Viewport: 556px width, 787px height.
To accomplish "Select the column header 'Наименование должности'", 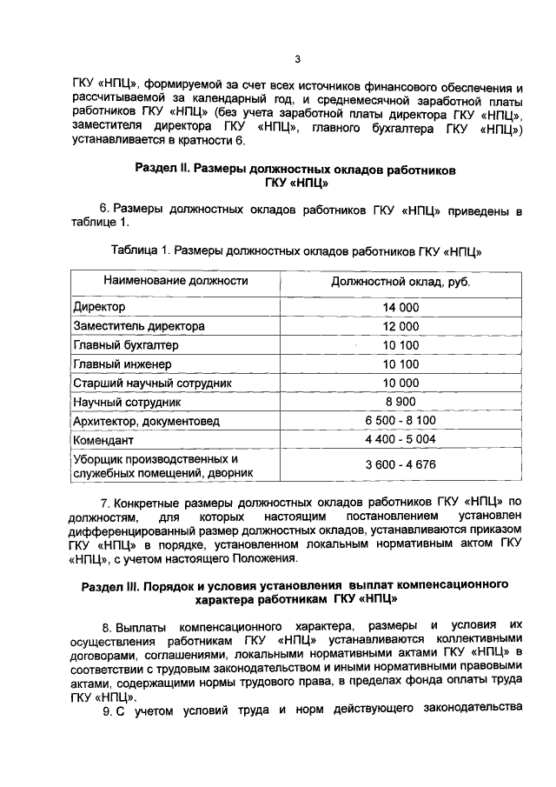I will tap(175, 281).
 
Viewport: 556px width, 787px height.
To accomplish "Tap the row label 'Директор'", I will tap(100, 308).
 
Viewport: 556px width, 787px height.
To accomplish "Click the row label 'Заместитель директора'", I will tap(139, 326).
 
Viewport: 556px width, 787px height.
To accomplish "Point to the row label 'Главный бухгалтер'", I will tap(126, 345).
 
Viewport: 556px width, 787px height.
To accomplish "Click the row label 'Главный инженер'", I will tap(122, 363).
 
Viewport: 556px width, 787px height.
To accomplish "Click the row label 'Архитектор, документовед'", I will tap(146, 421).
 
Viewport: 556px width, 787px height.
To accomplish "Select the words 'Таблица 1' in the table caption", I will tap(140, 250).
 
